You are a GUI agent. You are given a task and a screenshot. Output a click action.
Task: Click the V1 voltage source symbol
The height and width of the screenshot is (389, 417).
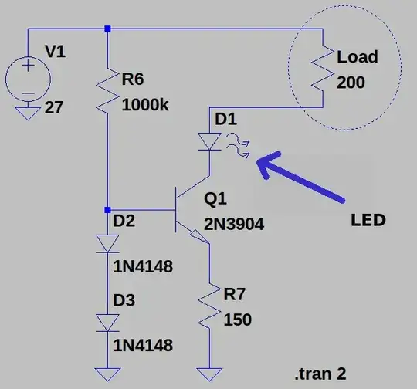click(x=29, y=79)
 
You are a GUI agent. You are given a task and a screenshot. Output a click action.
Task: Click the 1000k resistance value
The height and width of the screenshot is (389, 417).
click(x=145, y=103)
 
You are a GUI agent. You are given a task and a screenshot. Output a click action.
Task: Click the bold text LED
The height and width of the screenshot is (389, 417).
click(x=367, y=220)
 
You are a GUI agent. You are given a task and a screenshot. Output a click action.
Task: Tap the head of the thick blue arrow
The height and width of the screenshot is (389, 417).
click(x=260, y=161)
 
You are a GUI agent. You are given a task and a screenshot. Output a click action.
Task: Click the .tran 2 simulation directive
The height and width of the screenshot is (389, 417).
click(x=320, y=374)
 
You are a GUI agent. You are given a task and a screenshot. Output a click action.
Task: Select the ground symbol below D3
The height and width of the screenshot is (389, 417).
click(x=108, y=375)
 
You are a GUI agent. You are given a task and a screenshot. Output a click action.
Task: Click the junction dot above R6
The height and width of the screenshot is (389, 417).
click(x=108, y=29)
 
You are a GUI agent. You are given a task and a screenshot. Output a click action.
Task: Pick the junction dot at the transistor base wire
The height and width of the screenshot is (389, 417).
click(x=108, y=209)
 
